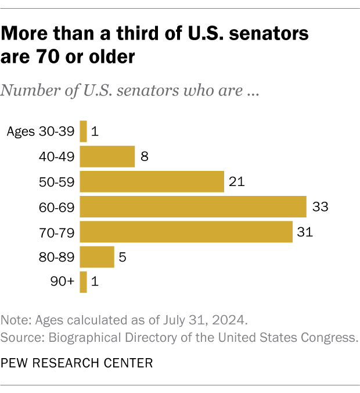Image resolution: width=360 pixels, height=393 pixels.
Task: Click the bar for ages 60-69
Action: click(x=193, y=206)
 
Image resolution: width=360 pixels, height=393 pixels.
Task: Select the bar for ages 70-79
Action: click(x=186, y=231)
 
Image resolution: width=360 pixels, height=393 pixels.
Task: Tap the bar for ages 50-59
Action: click(x=152, y=181)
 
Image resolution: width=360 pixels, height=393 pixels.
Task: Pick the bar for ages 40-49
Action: click(x=107, y=156)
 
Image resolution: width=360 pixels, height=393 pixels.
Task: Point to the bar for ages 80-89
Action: click(x=97, y=256)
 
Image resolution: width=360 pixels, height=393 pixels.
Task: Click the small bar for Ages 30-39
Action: click(x=83, y=131)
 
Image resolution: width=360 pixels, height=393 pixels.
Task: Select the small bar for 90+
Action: click(x=83, y=281)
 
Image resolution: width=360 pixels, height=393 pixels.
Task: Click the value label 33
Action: click(x=320, y=206)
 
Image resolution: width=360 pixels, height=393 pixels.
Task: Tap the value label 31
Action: click(x=305, y=231)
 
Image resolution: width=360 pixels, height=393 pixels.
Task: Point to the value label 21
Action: click(x=237, y=181)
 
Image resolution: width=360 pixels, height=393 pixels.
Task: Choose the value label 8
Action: click(x=144, y=156)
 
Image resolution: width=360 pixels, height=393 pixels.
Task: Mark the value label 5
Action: click(x=123, y=256)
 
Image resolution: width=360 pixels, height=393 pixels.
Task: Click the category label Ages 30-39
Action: click(x=41, y=131)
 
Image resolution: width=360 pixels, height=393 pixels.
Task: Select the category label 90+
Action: click(x=63, y=281)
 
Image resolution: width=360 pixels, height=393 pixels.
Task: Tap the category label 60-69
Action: click(x=58, y=206)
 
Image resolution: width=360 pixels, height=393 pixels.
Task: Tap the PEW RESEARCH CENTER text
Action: click(x=77, y=363)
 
